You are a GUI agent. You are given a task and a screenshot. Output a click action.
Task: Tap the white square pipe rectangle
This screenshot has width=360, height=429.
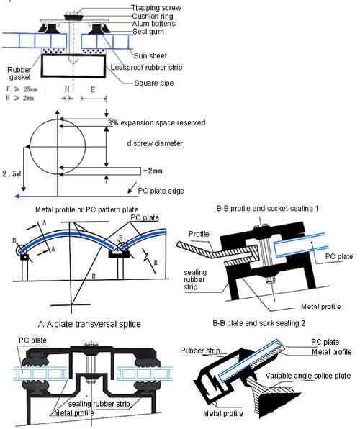pyautogui.click(x=71, y=67)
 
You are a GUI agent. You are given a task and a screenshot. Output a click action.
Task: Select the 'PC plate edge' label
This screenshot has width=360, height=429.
pyautogui.click(x=167, y=190)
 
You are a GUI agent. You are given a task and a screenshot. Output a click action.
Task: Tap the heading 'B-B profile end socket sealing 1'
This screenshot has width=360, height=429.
pyautogui.click(x=267, y=208)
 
